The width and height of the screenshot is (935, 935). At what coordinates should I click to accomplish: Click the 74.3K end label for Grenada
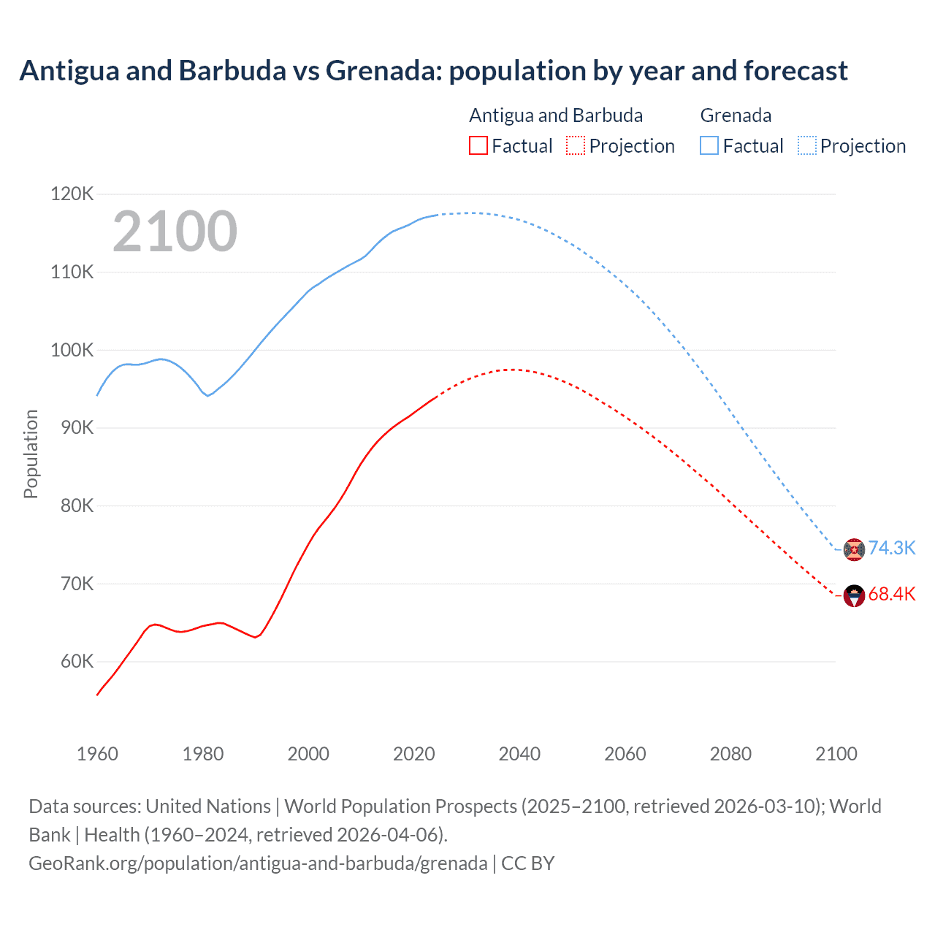(x=891, y=548)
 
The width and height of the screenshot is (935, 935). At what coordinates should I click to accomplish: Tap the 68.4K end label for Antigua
(x=891, y=594)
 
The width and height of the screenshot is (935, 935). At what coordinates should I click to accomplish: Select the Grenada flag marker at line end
(x=854, y=549)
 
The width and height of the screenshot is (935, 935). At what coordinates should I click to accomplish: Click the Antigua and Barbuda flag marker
(x=854, y=595)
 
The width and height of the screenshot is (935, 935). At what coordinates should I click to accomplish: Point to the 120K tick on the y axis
(x=72, y=194)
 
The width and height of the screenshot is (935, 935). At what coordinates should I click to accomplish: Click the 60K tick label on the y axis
(x=77, y=662)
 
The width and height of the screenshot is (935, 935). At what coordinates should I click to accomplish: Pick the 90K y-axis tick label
(x=77, y=428)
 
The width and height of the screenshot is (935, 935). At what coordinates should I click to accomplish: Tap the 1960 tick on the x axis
(x=97, y=754)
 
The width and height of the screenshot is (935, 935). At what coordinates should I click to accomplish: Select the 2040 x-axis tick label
(x=519, y=754)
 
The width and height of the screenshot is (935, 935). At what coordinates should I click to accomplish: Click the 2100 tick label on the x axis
(x=836, y=754)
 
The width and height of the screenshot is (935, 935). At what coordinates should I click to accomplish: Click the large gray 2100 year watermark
(x=175, y=232)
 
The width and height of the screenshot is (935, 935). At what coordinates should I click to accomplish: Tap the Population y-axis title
(x=31, y=454)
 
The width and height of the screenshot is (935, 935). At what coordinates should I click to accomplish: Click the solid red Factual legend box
(x=478, y=145)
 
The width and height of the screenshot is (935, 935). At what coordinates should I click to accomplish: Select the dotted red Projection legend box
(x=576, y=145)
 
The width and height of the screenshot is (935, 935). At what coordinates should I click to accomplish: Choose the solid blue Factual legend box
(x=709, y=145)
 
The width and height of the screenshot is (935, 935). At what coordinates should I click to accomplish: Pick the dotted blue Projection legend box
(x=806, y=145)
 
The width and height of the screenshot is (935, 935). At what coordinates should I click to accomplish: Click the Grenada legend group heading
(x=736, y=115)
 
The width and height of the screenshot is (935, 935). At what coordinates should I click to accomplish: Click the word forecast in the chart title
(x=795, y=71)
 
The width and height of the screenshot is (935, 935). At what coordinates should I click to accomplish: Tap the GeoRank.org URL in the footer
(x=258, y=863)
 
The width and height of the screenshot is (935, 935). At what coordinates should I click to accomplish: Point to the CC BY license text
(x=527, y=863)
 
